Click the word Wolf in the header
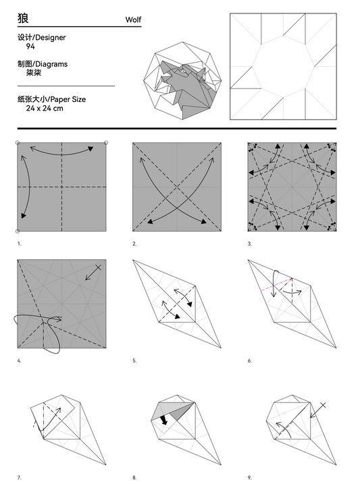pos(133,20)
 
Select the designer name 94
pos(30,47)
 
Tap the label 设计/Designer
pos(41,38)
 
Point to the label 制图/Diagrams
pos(43,64)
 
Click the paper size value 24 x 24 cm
pos(45,108)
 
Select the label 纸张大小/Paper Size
pos(51,99)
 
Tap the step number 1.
pos(19,244)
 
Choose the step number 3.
pos(249,244)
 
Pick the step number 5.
pos(134,360)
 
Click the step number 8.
pos(134,477)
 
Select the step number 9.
pos(249,477)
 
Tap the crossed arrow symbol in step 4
pos(94,272)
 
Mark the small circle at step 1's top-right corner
pos(107,142)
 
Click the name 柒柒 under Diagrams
pos(34,72)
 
